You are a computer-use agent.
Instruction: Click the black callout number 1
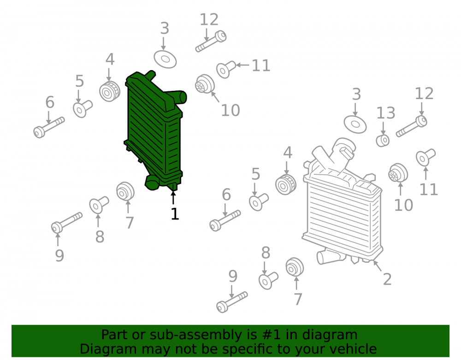pyautogui.click(x=175, y=214)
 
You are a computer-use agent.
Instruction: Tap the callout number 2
pyautogui.click(x=387, y=279)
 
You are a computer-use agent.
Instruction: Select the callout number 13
pyautogui.click(x=386, y=113)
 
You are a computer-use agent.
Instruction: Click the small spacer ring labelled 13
pyautogui.click(x=383, y=141)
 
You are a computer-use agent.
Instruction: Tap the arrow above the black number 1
pyautogui.click(x=173, y=197)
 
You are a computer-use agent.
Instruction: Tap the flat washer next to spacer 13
pyautogui.click(x=355, y=124)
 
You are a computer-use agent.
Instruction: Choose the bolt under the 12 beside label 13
pyautogui.click(x=412, y=126)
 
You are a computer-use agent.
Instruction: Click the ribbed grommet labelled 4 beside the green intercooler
pyautogui.click(x=109, y=91)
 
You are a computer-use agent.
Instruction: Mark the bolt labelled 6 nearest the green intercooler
pyautogui.click(x=49, y=128)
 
